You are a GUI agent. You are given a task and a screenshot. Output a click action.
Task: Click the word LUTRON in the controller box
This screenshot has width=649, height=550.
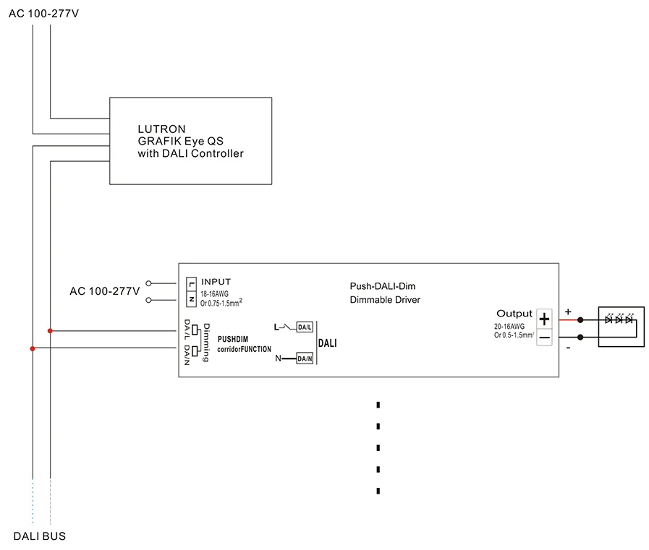(x=161, y=129)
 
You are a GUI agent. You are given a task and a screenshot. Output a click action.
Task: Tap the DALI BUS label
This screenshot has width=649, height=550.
(x=40, y=536)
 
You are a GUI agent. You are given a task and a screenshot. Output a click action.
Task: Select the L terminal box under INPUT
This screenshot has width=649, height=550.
(x=191, y=284)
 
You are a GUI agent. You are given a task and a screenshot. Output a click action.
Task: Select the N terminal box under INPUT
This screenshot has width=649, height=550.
(x=191, y=299)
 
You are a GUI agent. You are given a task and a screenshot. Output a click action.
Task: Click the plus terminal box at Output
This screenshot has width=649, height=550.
(x=544, y=319)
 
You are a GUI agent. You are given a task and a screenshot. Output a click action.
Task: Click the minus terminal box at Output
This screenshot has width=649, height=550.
(x=544, y=338)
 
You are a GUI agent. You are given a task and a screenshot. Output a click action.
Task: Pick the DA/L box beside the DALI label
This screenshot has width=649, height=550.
(x=305, y=327)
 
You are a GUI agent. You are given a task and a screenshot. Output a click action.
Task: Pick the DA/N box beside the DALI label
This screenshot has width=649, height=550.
(x=305, y=358)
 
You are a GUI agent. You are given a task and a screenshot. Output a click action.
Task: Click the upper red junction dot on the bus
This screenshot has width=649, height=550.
(x=50, y=331)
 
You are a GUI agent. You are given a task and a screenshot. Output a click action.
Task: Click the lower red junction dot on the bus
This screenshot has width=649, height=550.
(x=33, y=348)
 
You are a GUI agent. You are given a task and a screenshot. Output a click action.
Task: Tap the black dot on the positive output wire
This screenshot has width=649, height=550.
(x=580, y=320)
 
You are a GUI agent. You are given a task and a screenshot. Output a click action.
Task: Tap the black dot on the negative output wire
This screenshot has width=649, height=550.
(x=580, y=338)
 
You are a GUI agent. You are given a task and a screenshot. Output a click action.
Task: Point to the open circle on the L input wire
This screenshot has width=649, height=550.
(x=148, y=283)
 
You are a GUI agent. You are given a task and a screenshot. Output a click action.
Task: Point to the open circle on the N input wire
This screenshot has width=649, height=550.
(x=148, y=300)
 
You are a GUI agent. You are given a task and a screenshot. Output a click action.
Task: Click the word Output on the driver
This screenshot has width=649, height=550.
(x=514, y=314)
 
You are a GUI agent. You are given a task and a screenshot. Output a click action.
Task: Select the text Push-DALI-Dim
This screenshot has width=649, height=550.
(x=383, y=286)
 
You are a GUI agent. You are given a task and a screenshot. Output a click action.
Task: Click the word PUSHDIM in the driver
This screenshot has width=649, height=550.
(x=233, y=339)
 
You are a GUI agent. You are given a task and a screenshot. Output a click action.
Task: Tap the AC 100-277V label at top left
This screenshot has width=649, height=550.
(x=43, y=14)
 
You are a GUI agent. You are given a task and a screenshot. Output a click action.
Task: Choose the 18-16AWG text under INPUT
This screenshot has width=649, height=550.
(x=214, y=294)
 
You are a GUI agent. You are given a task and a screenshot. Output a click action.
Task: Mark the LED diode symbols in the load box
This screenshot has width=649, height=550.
(x=619, y=319)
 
